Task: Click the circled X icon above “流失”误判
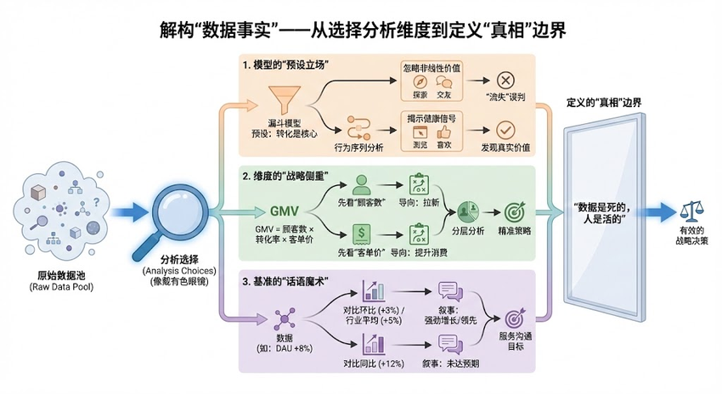point(505,80)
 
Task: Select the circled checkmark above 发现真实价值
point(505,130)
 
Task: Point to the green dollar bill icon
point(363,232)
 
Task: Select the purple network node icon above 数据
point(283,320)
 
